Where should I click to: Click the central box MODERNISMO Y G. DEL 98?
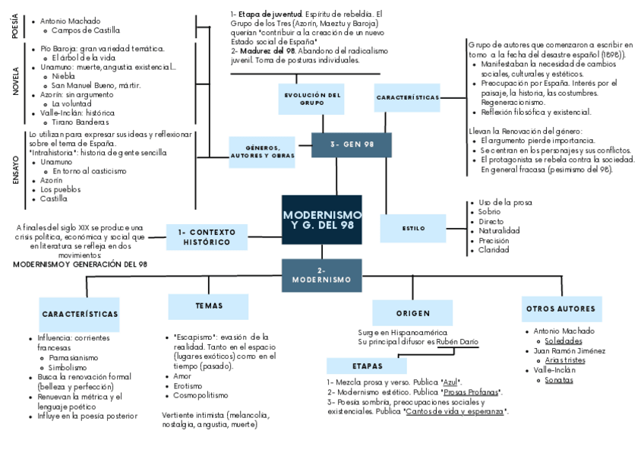pyautogui.click(x=322, y=220)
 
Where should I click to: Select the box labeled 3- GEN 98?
pyautogui.click(x=351, y=144)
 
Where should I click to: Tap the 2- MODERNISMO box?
pyautogui.click(x=321, y=275)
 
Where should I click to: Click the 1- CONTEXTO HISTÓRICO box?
pyautogui.click(x=207, y=236)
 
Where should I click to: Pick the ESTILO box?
pyautogui.click(x=414, y=228)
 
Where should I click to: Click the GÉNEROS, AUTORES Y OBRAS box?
pyautogui.click(x=261, y=151)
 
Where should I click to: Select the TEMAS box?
pyautogui.click(x=209, y=306)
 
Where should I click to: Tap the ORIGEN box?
pyautogui.click(x=413, y=313)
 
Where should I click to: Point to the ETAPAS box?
pyautogui.click(x=368, y=366)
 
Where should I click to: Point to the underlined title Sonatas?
pyautogui.click(x=558, y=379)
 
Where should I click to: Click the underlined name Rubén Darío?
pyautogui.click(x=458, y=341)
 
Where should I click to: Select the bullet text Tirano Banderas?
pyautogui.click(x=80, y=122)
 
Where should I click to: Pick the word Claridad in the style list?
pyautogui.click(x=494, y=249)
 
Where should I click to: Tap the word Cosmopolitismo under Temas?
pyautogui.click(x=200, y=396)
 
